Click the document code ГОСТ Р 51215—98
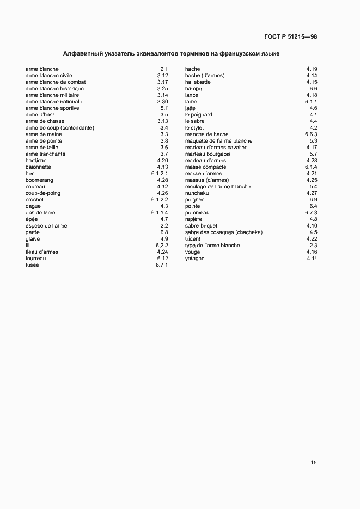[x=290, y=36]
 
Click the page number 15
[x=314, y=463]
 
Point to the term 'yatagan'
[x=194, y=259]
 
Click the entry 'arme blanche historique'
[x=55, y=89]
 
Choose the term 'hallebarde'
[x=198, y=82]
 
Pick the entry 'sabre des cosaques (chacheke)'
[x=224, y=232]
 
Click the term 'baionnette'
[x=38, y=167]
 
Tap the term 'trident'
[x=193, y=239]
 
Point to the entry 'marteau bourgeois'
[x=208, y=154]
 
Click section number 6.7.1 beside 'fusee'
[x=161, y=265]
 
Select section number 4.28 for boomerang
[x=162, y=180]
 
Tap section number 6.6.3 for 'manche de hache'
[x=311, y=134]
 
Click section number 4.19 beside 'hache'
[x=312, y=69]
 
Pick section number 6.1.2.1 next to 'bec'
[x=160, y=174]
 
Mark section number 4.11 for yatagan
[x=312, y=259]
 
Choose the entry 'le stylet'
[x=194, y=128]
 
